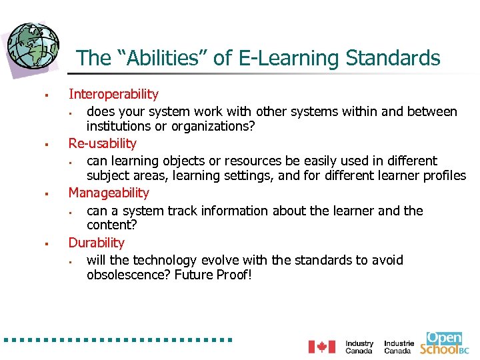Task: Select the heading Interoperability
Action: pyautogui.click(x=113, y=95)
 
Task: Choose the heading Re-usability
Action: pyautogui.click(x=102, y=143)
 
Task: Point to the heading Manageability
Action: pyautogui.click(x=109, y=193)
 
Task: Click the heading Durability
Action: pyautogui.click(x=97, y=243)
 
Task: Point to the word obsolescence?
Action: pyautogui.click(x=129, y=275)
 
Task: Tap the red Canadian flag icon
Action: pyautogui.click(x=321, y=347)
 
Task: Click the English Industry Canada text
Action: pyautogui.click(x=359, y=347)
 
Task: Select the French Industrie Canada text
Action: pyautogui.click(x=399, y=347)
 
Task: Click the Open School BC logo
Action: pyautogui.click(x=444, y=343)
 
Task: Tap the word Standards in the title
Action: pyautogui.click(x=393, y=59)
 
